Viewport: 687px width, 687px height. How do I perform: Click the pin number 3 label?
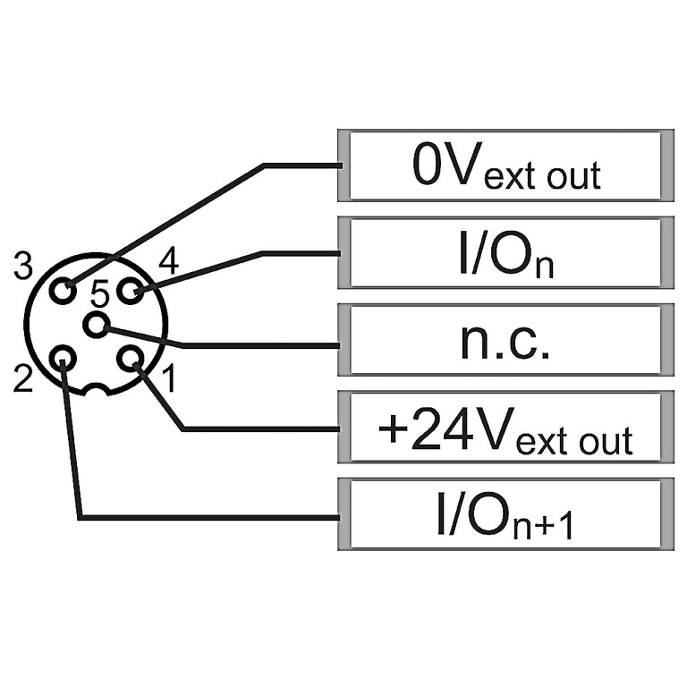click(22, 266)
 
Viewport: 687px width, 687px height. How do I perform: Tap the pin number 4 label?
click(169, 261)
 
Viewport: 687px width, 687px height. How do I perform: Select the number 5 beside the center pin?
click(99, 293)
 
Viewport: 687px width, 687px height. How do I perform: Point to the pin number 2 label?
click(23, 378)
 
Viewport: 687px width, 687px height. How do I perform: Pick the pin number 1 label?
click(170, 378)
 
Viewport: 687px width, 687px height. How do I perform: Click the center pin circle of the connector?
click(96, 325)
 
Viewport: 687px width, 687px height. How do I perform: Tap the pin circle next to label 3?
click(64, 291)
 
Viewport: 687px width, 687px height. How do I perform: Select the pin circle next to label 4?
click(130, 291)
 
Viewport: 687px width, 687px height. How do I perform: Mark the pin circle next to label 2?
click(64, 359)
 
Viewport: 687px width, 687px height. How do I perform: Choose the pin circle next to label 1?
click(130, 359)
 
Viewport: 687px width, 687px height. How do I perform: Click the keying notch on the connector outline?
click(95, 387)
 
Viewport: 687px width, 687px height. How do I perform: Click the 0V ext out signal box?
click(505, 165)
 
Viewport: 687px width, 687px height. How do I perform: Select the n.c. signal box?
click(505, 340)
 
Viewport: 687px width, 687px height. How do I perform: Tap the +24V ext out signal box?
click(505, 428)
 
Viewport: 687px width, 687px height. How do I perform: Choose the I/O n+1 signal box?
click(505, 514)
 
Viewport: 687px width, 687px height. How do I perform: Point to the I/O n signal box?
click(505, 253)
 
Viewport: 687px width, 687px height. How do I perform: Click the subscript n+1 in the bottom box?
click(543, 525)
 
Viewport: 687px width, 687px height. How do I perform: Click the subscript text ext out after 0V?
click(542, 175)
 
